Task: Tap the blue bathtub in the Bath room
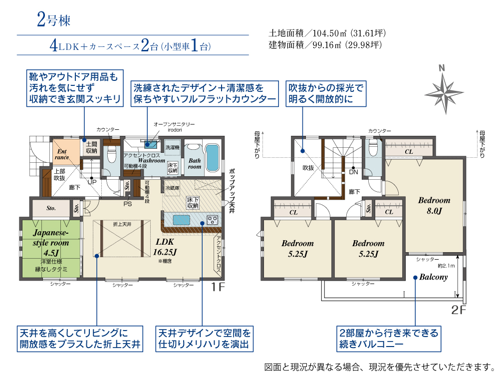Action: point(213,157)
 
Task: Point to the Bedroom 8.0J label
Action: point(434,205)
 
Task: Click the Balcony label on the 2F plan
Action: point(433,277)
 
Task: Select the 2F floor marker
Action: point(458,310)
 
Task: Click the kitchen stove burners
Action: point(212,219)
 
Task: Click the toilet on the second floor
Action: point(373,148)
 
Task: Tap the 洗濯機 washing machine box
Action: point(172,147)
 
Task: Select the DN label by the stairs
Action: point(353,172)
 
